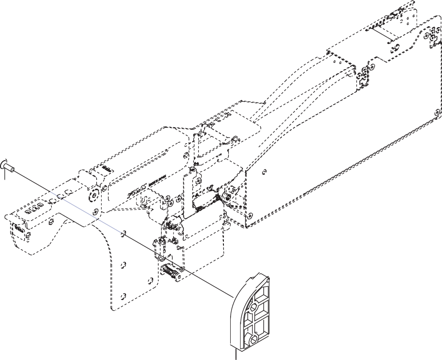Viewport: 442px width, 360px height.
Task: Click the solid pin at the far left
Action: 8,165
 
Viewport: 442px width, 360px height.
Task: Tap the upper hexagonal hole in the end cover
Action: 255,306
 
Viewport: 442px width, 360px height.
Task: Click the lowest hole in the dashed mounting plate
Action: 123,294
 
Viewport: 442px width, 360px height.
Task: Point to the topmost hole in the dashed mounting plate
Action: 124,232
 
